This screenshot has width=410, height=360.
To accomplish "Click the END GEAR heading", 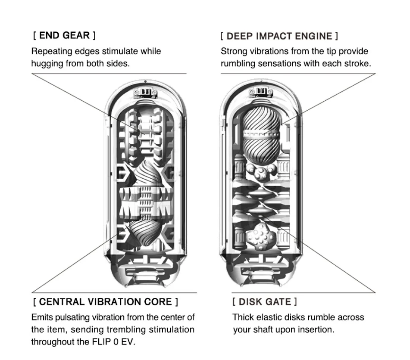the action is pyautogui.click(x=64, y=35).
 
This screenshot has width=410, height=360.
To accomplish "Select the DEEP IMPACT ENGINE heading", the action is pyautogui.click(x=279, y=36).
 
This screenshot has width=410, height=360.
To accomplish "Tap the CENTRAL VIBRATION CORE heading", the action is pyautogui.click(x=106, y=302).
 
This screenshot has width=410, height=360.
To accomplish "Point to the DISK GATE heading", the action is pyautogui.click(x=265, y=302).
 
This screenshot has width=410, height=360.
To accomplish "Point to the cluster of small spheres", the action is pyautogui.click(x=260, y=171).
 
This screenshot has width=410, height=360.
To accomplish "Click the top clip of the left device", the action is pyautogui.click(x=145, y=93).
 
